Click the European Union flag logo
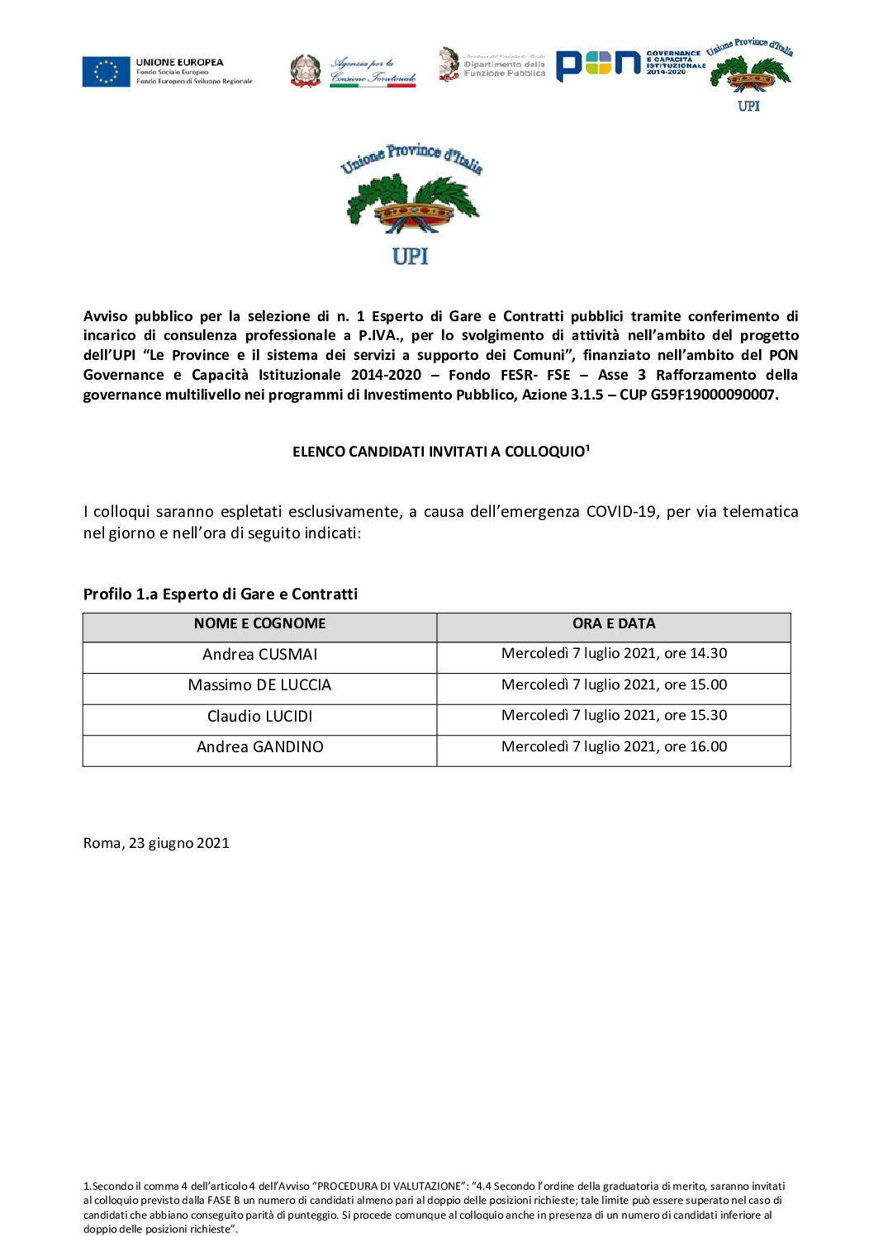click(x=106, y=72)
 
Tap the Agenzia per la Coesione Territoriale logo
click(x=354, y=71)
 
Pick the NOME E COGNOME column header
click(x=259, y=624)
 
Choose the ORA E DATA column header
click(x=614, y=624)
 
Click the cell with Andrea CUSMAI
click(x=259, y=655)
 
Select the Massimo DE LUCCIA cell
click(x=259, y=685)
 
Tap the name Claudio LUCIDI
click(x=259, y=717)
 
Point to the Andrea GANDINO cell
click(x=259, y=747)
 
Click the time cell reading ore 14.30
click(x=614, y=654)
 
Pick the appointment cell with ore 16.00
click(x=614, y=747)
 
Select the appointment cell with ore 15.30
click(x=614, y=716)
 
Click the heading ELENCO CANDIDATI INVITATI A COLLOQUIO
click(x=440, y=452)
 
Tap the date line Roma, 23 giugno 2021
click(x=156, y=843)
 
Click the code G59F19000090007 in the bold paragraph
click(x=714, y=395)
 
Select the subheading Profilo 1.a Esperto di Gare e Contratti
click(x=221, y=594)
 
